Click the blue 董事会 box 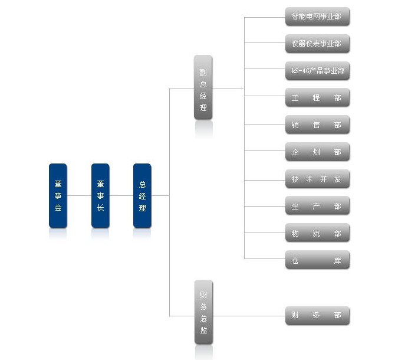[x=58, y=195]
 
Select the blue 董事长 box [x=100, y=195]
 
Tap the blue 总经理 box [x=142, y=195]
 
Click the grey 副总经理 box [x=203, y=88]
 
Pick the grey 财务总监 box [x=203, y=312]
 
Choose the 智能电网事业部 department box [x=317, y=17]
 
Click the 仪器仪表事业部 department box [x=317, y=44]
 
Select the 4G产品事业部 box [x=317, y=71]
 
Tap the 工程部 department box [x=317, y=98]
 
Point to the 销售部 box [x=317, y=125]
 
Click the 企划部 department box [x=317, y=152]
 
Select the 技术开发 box [x=317, y=179]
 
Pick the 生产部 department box [x=317, y=207]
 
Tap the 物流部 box [x=317, y=234]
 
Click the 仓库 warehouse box [x=317, y=260]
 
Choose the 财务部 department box [x=317, y=316]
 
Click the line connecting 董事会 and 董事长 [x=79, y=195]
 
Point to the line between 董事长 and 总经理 [x=121, y=195]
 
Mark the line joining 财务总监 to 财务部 [x=248, y=316]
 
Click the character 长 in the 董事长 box [x=100, y=208]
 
